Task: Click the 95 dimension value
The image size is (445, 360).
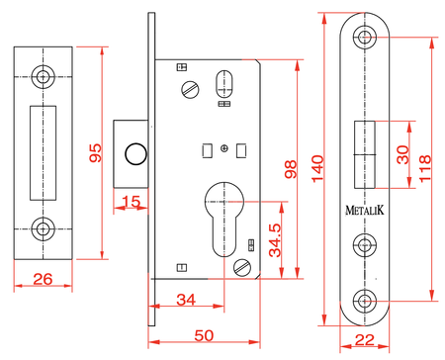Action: click(96, 152)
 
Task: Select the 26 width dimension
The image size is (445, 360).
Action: click(43, 279)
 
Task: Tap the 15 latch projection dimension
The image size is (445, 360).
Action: click(131, 202)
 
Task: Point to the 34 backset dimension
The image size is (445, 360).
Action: click(186, 300)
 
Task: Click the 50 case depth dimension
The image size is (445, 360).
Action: click(204, 335)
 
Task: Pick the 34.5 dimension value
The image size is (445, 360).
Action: click(275, 240)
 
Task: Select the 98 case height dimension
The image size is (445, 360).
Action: click(291, 169)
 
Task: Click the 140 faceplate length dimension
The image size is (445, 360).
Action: click(317, 169)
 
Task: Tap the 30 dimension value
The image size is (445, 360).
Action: click(402, 154)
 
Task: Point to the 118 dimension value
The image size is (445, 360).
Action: click(425, 168)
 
